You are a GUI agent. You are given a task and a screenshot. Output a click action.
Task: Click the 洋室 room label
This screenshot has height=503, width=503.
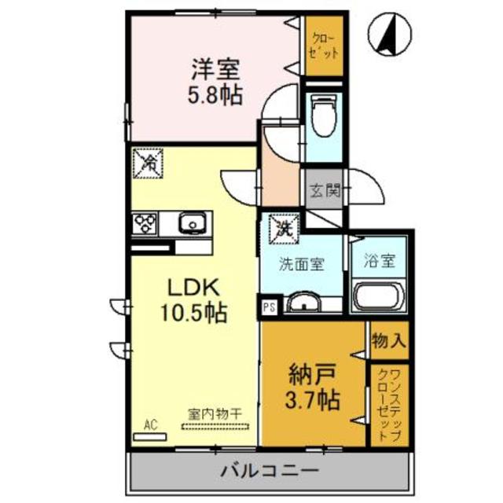pyautogui.click(x=214, y=68)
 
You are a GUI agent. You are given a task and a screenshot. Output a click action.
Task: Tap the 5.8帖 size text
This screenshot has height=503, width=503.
pyautogui.click(x=214, y=95)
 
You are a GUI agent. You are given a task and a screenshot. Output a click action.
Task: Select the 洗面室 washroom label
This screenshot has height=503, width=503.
pyautogui.click(x=301, y=266)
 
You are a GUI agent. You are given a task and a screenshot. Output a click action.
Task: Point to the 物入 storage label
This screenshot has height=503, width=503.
pyautogui.click(x=389, y=341)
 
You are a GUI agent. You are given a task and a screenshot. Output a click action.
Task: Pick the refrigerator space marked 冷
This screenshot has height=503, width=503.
pyautogui.click(x=149, y=163)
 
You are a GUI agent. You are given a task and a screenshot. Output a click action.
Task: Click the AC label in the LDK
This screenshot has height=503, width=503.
pyautogui.click(x=150, y=425)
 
